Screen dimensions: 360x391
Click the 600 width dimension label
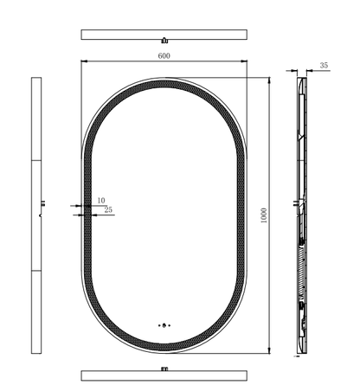point(164,55)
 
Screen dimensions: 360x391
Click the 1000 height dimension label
point(264,215)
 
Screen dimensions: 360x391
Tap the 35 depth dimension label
point(324,66)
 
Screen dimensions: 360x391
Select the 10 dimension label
point(101,201)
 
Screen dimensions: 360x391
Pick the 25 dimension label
point(108,210)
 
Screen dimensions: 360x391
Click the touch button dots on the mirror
point(164,325)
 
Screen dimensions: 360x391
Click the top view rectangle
point(164,35)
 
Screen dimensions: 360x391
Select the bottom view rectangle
point(164,375)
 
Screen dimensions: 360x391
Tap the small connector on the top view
point(164,41)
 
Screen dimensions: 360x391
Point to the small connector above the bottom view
point(164,369)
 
